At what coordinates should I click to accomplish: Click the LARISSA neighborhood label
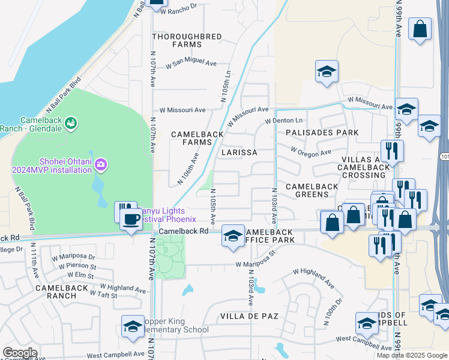(x=239, y=152)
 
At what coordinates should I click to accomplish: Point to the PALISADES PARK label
(x=322, y=133)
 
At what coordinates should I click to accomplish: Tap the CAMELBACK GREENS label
(x=312, y=191)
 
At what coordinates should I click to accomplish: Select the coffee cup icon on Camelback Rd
(x=131, y=220)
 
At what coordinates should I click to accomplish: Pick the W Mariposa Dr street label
(x=74, y=257)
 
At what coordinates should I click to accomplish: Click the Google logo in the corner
(x=20, y=353)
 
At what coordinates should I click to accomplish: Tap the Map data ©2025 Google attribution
(x=412, y=355)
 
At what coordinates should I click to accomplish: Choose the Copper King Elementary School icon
(x=133, y=326)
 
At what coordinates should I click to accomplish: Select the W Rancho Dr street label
(x=173, y=7)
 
